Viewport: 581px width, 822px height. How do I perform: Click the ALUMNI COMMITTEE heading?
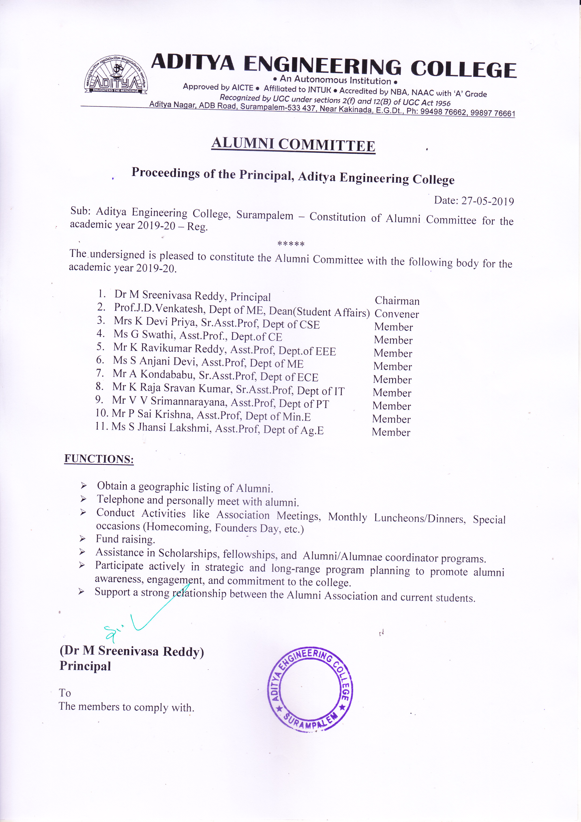(293, 145)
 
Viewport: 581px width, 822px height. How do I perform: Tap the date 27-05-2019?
(487, 201)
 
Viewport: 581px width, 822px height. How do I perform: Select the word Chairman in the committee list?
(397, 301)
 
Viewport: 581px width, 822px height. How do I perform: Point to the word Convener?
(396, 314)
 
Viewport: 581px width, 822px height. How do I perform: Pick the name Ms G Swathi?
(143, 334)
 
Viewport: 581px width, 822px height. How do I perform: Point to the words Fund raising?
(125, 539)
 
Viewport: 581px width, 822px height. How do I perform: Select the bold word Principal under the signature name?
(85, 666)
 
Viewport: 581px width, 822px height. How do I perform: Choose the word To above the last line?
(65, 693)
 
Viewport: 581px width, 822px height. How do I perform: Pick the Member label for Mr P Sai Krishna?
(391, 419)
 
